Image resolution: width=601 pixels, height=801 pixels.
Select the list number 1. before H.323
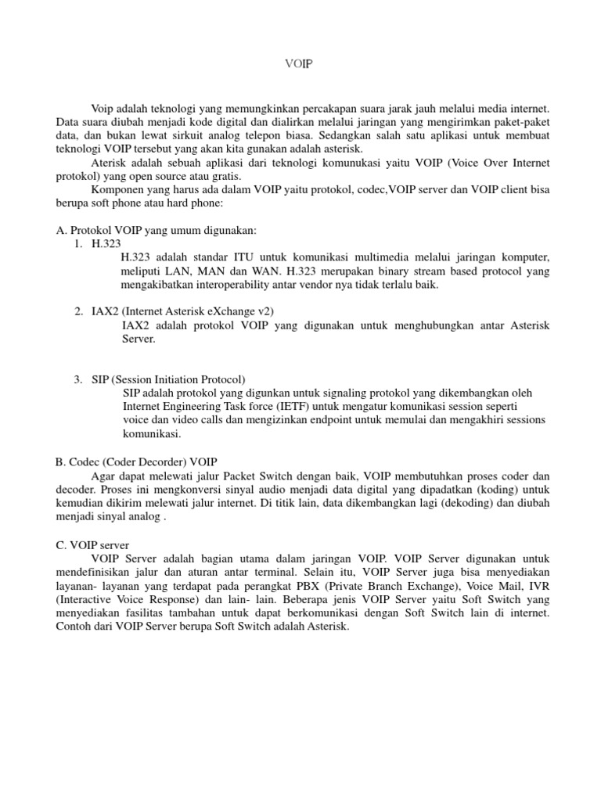pos(79,244)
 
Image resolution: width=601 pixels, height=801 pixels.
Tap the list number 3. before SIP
pos(79,379)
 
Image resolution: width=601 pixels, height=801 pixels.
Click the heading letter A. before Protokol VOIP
pos(62,230)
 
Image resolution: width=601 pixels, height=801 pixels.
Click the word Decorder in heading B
pos(157,462)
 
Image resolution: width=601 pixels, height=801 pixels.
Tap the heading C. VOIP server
pos(98,544)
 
